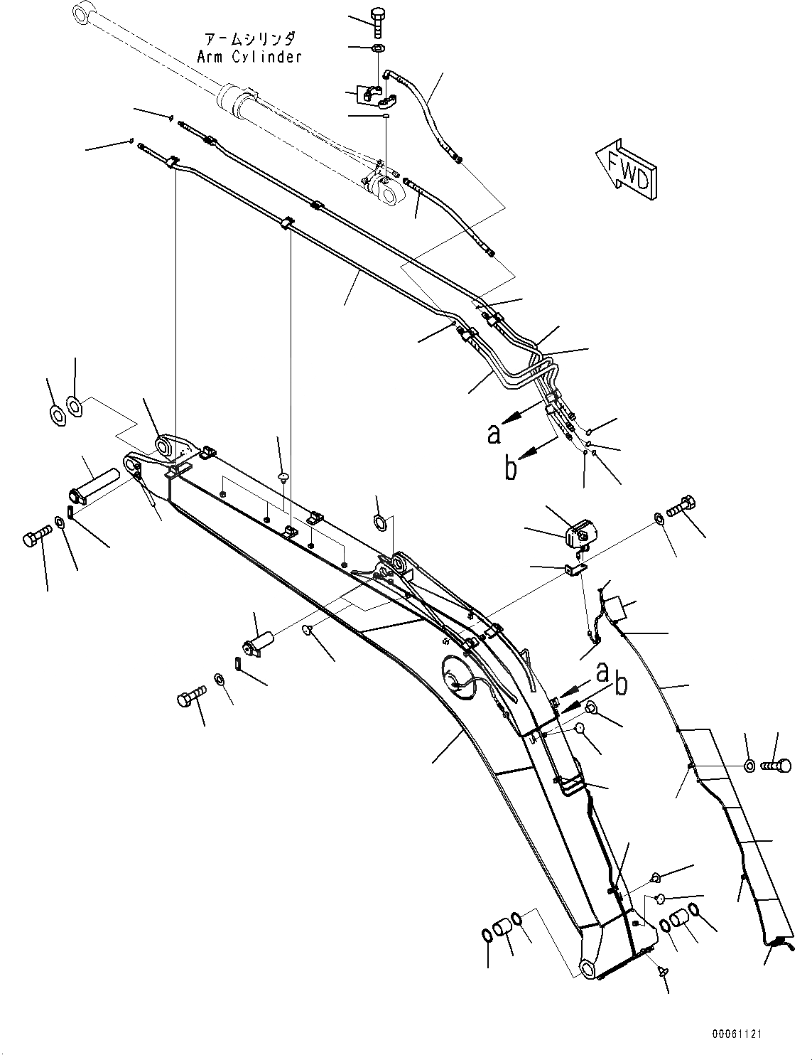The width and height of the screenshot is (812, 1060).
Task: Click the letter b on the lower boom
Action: [621, 684]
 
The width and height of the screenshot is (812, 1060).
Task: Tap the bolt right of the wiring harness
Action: [776, 766]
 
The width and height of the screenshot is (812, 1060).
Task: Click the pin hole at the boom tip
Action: [587, 966]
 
